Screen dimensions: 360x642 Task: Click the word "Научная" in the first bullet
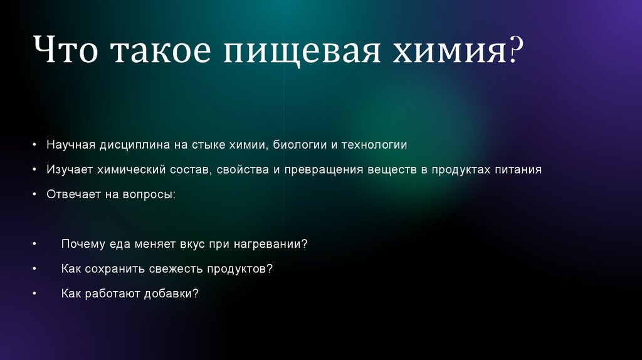coord(70,145)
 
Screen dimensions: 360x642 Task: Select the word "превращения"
coord(325,169)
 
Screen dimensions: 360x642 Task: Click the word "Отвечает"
coord(70,194)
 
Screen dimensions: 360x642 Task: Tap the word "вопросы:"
coord(152,194)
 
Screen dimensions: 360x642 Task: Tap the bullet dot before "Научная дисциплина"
coord(36,146)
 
